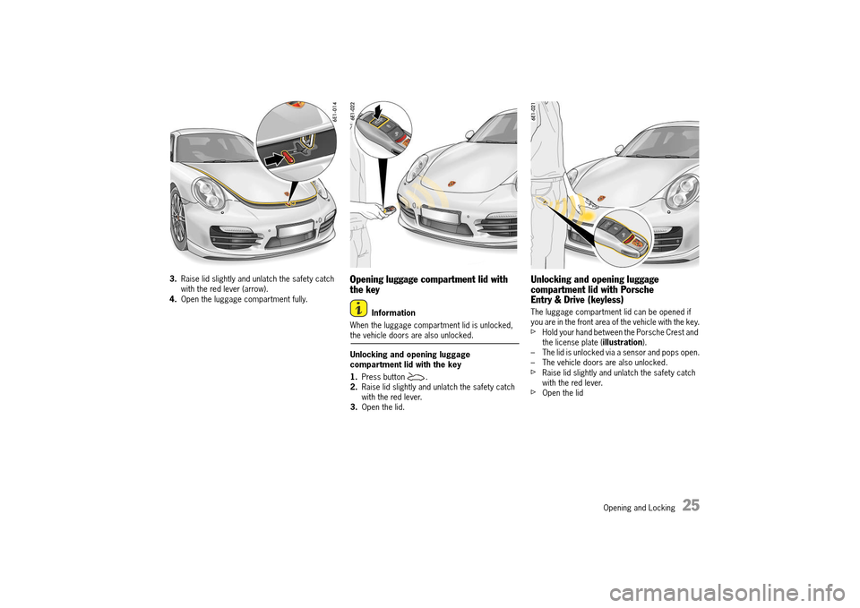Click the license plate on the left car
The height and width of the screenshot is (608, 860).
tap(295, 232)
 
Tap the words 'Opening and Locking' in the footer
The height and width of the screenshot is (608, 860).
tap(639, 508)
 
